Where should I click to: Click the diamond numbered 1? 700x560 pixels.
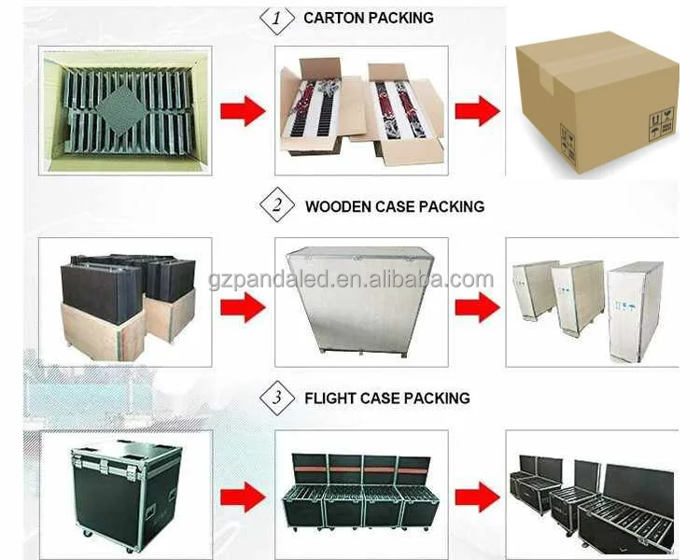coord(277,18)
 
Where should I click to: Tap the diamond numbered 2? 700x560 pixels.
coord(277,205)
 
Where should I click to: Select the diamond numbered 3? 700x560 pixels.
coord(277,398)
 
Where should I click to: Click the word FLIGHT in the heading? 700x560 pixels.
coord(329,398)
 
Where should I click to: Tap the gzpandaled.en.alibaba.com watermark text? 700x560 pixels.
coord(351,279)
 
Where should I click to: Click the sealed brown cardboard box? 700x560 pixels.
coord(597,103)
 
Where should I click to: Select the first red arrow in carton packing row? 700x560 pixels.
coord(243,111)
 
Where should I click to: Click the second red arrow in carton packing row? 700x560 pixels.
coord(477,111)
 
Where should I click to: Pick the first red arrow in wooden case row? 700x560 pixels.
coord(243,307)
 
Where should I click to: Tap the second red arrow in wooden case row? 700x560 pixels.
coord(477,307)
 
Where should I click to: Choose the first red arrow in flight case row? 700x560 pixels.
coord(243,497)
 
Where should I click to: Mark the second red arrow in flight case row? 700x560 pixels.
coord(477,497)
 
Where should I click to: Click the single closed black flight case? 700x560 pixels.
coord(127,495)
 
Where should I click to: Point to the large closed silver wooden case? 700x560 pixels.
coord(360,301)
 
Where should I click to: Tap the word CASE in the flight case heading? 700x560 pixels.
coord(381,398)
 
